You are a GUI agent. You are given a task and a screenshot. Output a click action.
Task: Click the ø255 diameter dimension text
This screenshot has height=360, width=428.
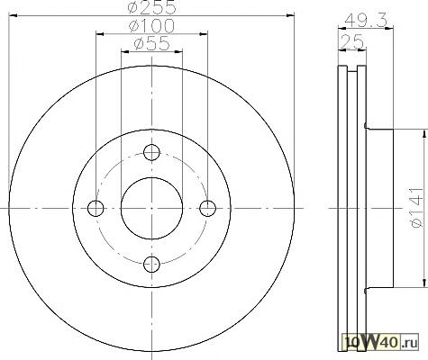coord(151,7)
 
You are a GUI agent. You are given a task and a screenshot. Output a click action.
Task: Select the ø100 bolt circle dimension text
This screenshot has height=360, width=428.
coord(151,26)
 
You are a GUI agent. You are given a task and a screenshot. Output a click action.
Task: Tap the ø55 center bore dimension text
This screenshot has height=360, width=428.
coord(151,44)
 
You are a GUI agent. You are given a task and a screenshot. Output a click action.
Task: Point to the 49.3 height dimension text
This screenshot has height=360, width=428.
coord(365,21)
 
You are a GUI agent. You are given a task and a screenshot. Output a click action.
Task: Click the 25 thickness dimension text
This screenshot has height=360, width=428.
coord(352,42)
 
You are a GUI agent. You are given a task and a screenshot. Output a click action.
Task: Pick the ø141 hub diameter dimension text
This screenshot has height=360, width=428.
coord(415,208)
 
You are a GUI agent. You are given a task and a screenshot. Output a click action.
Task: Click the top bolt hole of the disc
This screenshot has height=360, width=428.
coord(151,152)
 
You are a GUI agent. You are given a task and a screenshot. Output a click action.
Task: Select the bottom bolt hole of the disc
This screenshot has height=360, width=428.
coord(151,264)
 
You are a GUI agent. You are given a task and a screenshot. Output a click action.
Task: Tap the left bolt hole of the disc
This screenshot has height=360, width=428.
coord(96,208)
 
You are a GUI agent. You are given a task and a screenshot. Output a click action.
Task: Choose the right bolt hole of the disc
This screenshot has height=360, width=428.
coord(208,208)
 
